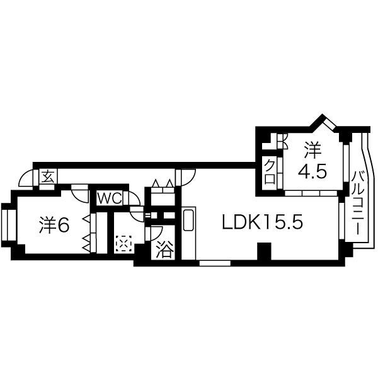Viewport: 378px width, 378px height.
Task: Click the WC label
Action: tap(109, 199)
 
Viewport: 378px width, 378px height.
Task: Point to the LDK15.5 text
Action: tap(262, 222)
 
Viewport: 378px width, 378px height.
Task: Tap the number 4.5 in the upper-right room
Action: tap(312, 172)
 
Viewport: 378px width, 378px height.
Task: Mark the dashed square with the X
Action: tap(123, 243)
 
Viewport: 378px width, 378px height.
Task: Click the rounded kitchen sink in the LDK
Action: tap(188, 220)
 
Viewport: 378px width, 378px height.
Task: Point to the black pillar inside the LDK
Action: tap(264, 251)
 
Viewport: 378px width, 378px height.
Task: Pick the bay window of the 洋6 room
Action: tap(9, 226)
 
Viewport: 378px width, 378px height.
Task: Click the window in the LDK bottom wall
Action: tap(215, 263)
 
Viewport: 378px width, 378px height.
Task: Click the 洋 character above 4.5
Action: tap(312, 150)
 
